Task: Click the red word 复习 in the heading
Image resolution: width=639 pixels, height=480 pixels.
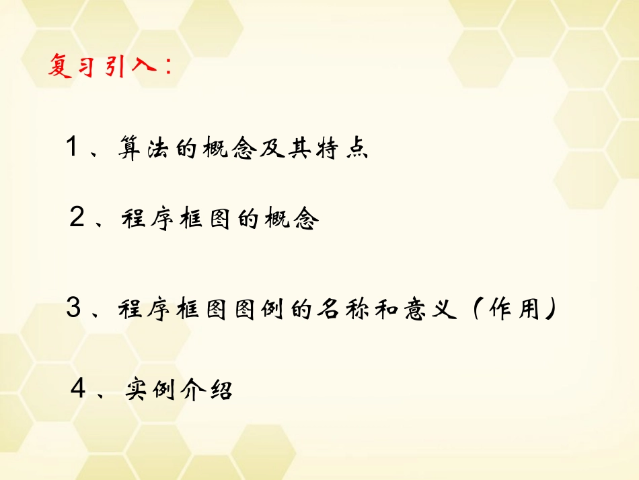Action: [71, 67]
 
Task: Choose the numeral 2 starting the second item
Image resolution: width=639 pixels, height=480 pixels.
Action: [77, 219]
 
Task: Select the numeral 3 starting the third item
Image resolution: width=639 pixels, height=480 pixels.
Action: [73, 309]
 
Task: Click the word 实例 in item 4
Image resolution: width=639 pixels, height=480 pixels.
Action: [145, 390]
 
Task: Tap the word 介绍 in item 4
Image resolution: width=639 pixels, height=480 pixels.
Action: [207, 390]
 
